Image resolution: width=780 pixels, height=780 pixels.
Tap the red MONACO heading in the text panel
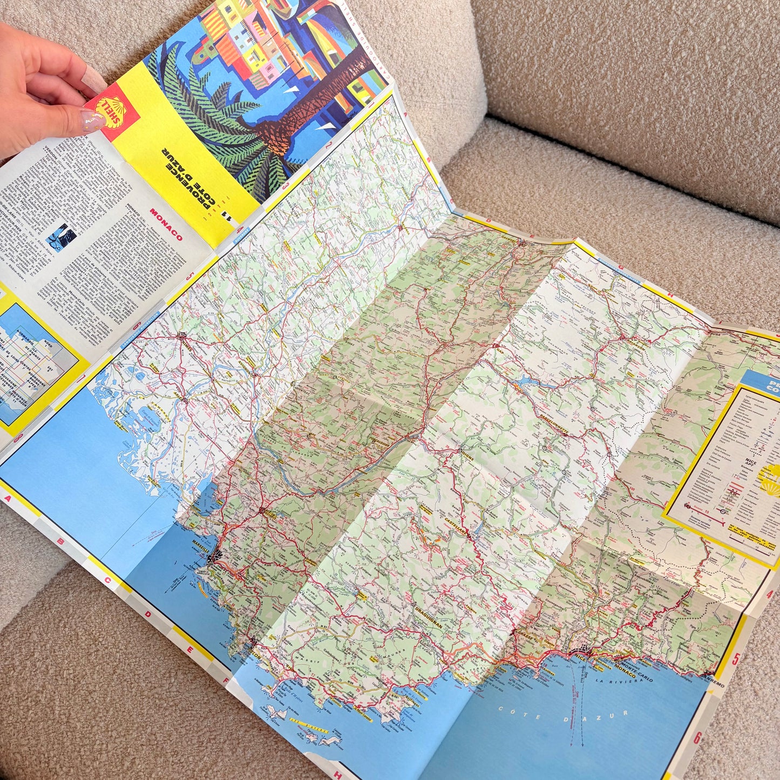(166, 225)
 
